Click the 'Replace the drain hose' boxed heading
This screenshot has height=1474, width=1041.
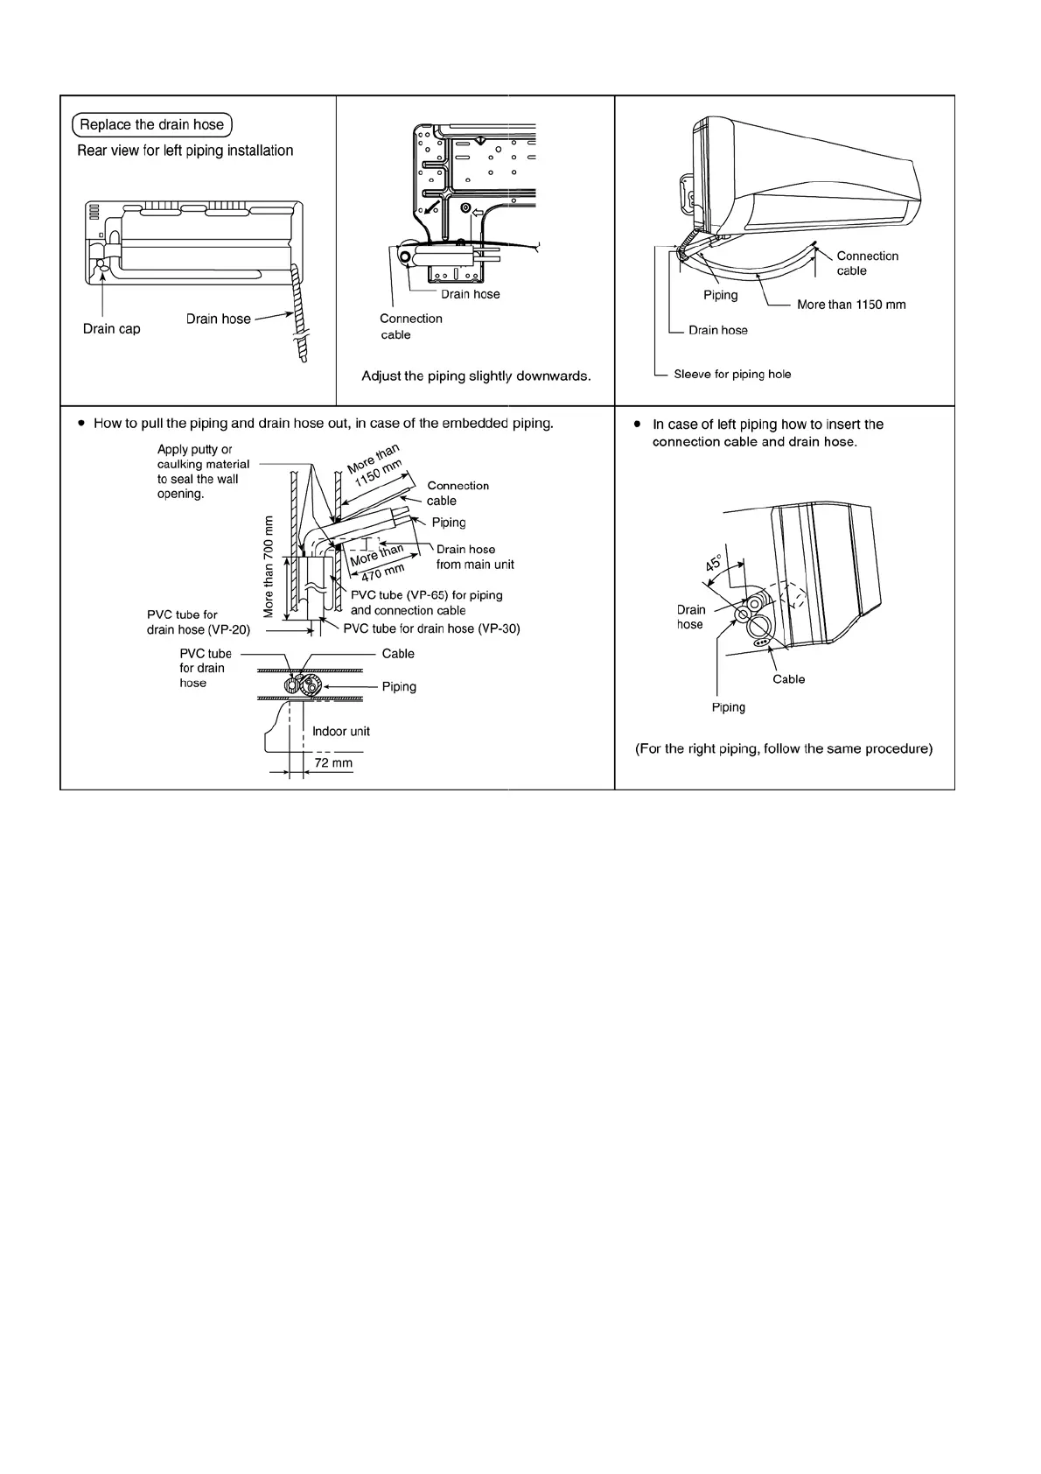coord(152,124)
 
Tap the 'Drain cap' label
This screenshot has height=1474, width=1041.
coord(111,329)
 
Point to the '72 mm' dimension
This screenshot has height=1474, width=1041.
coord(333,763)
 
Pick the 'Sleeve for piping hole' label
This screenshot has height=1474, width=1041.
coord(732,375)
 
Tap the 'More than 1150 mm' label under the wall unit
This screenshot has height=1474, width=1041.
coord(851,305)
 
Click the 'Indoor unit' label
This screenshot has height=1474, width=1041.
coord(341,732)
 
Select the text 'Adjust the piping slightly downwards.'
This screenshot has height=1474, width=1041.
coord(476,376)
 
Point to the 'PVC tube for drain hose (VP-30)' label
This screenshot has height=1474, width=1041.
coord(431,628)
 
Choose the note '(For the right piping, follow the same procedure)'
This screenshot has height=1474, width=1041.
coord(784,749)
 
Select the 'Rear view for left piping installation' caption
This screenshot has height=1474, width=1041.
coord(185,151)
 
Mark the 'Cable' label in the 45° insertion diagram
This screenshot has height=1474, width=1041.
coord(788,679)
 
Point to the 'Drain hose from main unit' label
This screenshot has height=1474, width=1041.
coord(475,557)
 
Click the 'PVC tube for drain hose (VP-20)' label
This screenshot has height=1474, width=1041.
coord(199,622)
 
